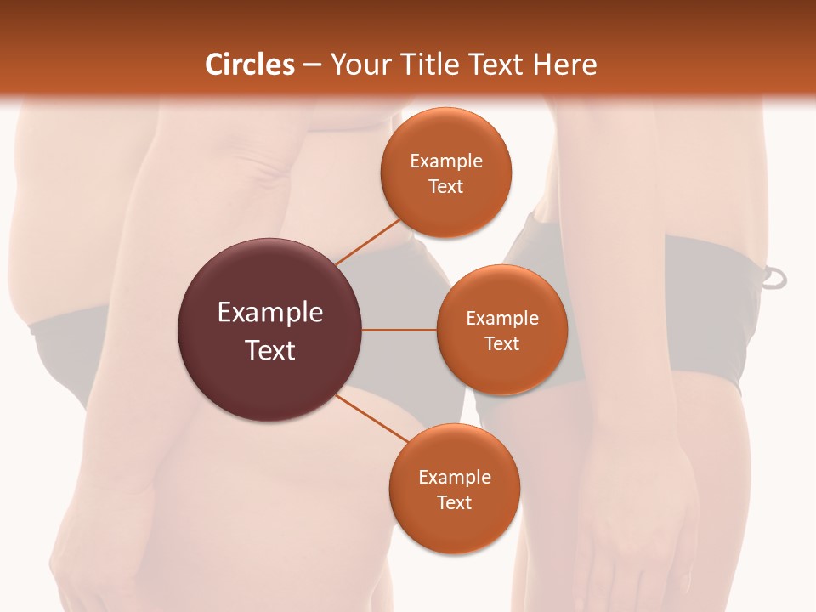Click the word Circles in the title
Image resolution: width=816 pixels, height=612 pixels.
click(250, 65)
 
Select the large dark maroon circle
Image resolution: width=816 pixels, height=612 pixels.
click(270, 330)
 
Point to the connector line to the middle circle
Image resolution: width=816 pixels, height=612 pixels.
click(399, 330)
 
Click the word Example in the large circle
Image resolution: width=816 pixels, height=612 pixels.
click(270, 313)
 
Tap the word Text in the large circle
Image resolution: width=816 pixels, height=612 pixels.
click(270, 350)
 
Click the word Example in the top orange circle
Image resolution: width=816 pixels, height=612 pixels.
click(445, 161)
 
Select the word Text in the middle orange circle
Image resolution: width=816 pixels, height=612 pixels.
click(501, 343)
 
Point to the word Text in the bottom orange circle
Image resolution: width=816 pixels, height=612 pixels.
click(454, 502)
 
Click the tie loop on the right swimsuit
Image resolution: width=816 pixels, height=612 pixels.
click(774, 277)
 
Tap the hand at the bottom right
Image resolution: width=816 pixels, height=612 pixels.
click(646, 518)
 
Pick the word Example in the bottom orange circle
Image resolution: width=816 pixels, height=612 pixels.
click(454, 477)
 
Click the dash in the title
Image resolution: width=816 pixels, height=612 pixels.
click(312, 65)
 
